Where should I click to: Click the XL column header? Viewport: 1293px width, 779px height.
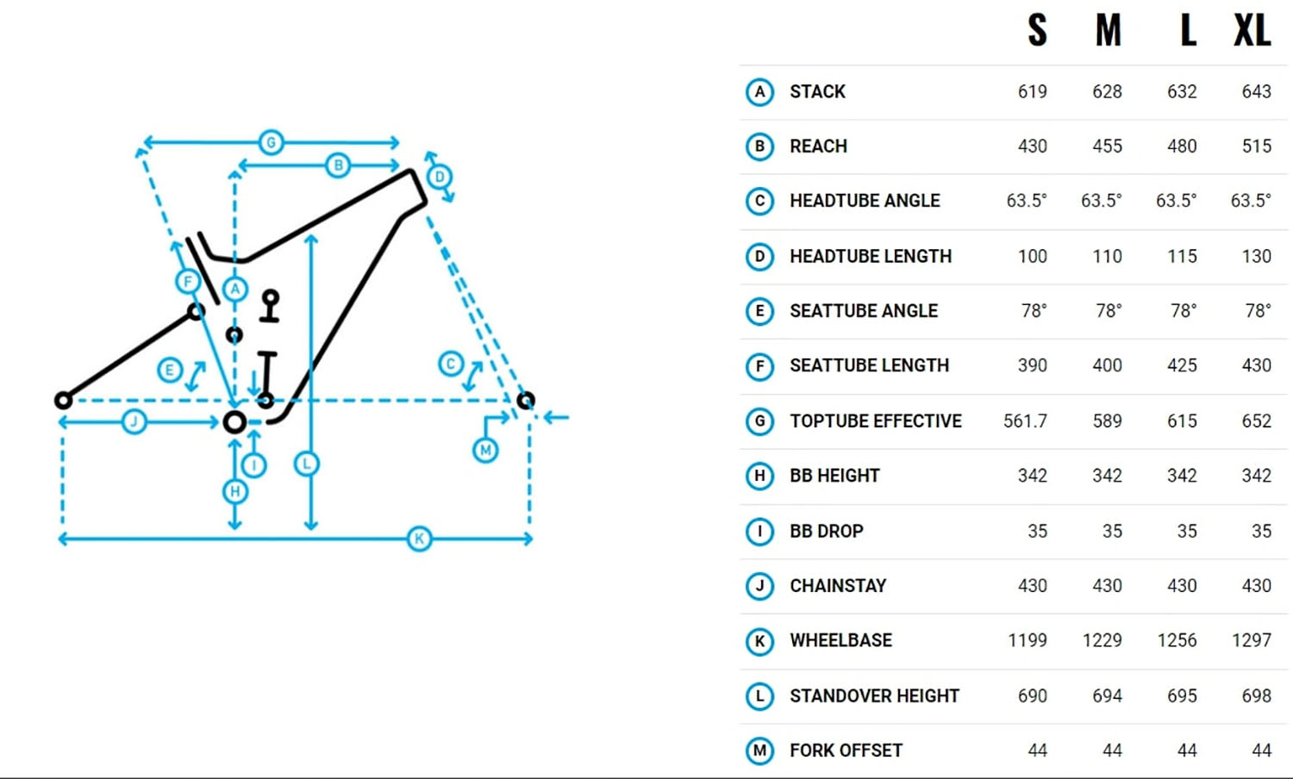pyautogui.click(x=1252, y=30)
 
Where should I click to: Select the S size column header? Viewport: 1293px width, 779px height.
pyautogui.click(x=1037, y=30)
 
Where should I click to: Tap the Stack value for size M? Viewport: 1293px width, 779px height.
pyautogui.click(x=1107, y=91)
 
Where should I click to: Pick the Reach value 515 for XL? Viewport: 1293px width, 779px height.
pyautogui.click(x=1257, y=146)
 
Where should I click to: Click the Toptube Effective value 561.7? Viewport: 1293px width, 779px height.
pyautogui.click(x=1025, y=421)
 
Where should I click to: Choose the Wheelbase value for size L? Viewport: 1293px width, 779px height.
pyautogui.click(x=1177, y=640)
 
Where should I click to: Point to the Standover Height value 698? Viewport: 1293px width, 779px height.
pyautogui.click(x=1257, y=695)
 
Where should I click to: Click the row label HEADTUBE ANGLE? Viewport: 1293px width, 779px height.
pyautogui.click(x=865, y=200)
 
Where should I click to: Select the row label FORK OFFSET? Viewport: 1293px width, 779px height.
pyautogui.click(x=846, y=751)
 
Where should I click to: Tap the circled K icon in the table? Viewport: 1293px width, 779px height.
pyautogui.click(x=759, y=641)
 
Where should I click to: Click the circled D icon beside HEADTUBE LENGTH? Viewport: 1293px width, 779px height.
pyautogui.click(x=759, y=257)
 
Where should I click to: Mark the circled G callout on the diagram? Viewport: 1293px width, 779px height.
pyautogui.click(x=272, y=142)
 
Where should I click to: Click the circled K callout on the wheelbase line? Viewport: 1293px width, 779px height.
pyautogui.click(x=419, y=539)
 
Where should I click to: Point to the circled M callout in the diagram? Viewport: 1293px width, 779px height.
pyautogui.click(x=485, y=450)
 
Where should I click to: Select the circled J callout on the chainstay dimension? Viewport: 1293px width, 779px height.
pyautogui.click(x=134, y=421)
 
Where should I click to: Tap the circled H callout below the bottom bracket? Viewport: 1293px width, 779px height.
pyautogui.click(x=235, y=492)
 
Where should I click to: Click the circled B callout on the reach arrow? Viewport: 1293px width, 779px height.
pyautogui.click(x=338, y=165)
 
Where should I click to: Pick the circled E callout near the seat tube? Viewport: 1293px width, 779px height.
pyautogui.click(x=170, y=370)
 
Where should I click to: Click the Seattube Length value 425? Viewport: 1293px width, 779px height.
pyautogui.click(x=1182, y=365)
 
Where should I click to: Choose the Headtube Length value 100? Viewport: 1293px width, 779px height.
pyautogui.click(x=1032, y=256)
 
